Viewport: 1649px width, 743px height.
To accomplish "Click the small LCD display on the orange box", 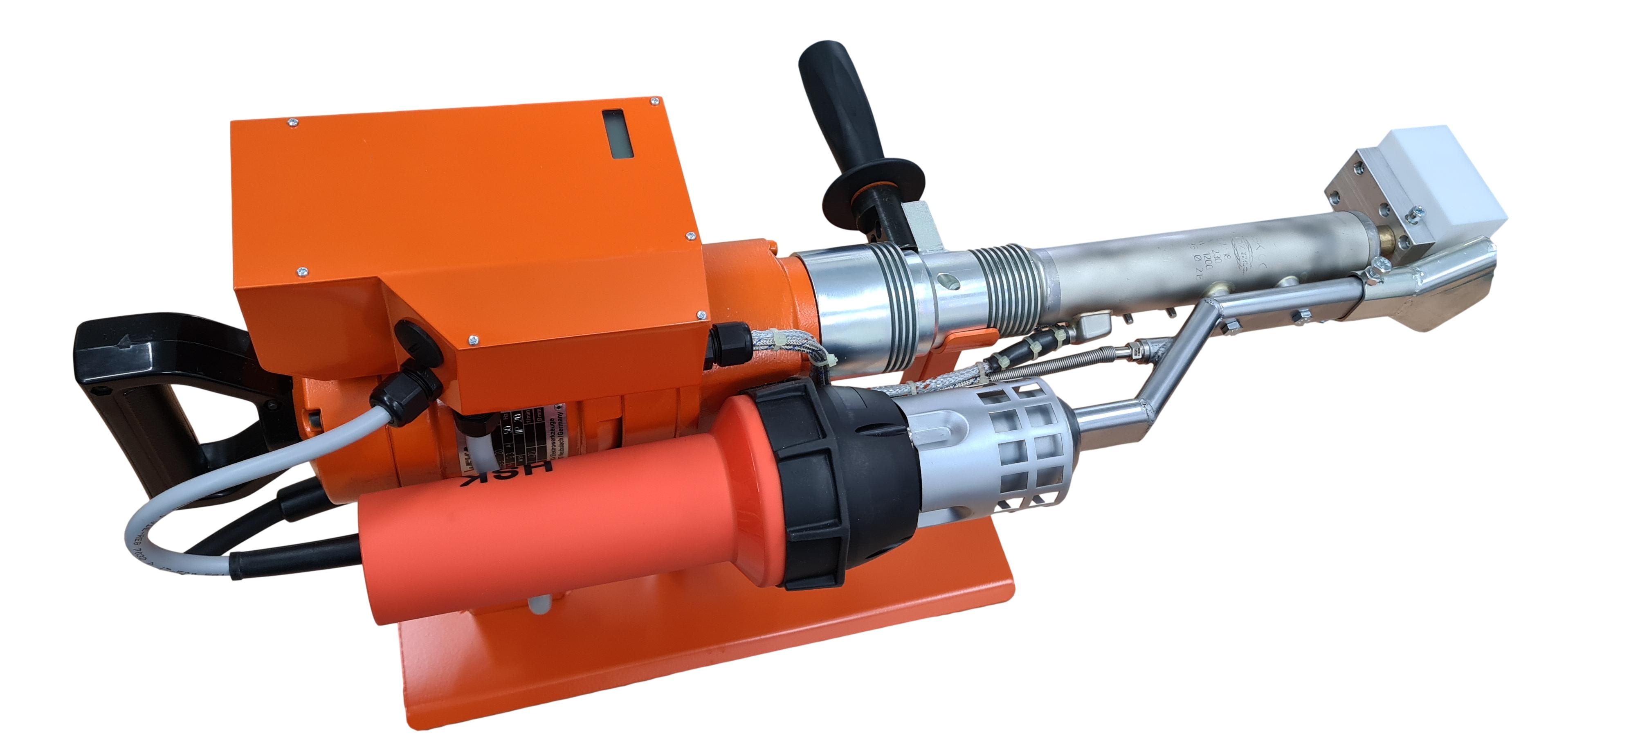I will point(618,133).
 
